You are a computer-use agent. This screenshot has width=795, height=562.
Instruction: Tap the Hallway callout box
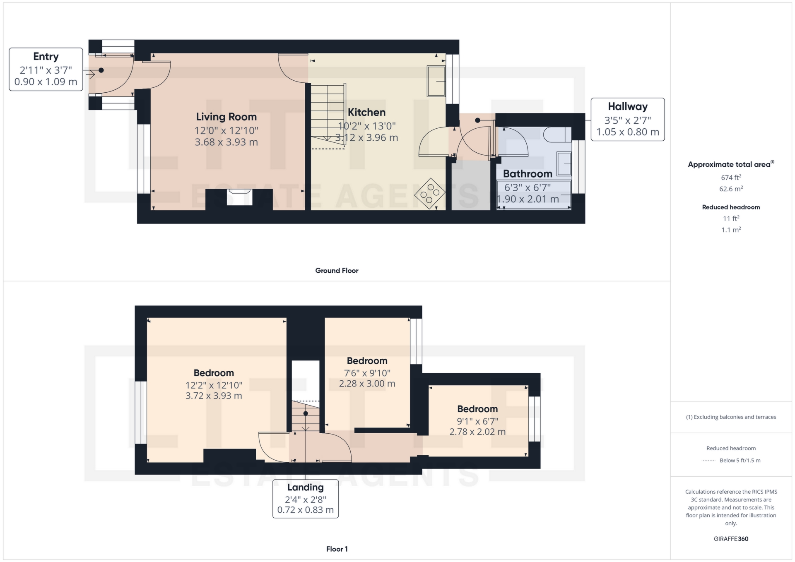pos(627,120)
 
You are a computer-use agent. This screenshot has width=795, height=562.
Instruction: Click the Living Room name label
pos(226,117)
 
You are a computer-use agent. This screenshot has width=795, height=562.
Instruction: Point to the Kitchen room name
pos(366,112)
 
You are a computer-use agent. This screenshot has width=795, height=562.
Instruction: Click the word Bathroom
pos(528,174)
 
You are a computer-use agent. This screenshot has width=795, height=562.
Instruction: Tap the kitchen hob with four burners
pos(430,193)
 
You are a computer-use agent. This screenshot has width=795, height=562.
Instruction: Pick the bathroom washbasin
pos(564,163)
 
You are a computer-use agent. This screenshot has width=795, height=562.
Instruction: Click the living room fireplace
pos(239,197)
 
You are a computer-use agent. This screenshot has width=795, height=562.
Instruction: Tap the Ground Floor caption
pos(337,271)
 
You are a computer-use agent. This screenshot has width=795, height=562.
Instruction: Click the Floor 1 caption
pos(337,549)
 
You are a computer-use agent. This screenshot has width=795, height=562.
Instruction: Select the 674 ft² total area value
pos(731,178)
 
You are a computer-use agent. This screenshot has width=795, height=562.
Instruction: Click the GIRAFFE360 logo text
pos(731,539)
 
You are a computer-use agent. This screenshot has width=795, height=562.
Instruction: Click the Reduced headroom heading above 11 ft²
pos(731,207)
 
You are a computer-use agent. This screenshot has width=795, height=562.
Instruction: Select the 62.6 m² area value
pos(731,189)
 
